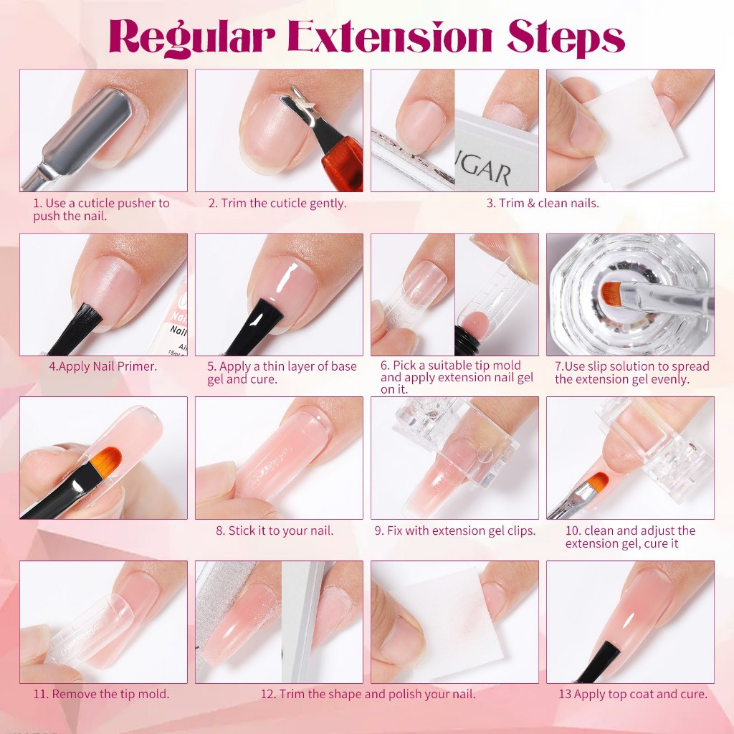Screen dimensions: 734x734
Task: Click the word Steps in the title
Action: [566, 37]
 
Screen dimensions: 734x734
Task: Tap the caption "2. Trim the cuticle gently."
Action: [277, 203]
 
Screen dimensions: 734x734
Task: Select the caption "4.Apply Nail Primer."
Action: [103, 366]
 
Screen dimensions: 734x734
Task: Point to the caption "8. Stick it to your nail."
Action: [275, 530]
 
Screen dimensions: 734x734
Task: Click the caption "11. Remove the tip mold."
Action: [101, 694]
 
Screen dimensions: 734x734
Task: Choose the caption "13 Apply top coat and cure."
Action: [633, 694]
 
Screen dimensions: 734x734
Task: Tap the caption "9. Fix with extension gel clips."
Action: [455, 530]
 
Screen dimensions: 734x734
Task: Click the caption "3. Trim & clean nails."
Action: [543, 203]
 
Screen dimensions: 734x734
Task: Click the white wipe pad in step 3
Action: [632, 133]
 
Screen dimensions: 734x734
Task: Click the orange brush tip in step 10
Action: [597, 482]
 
